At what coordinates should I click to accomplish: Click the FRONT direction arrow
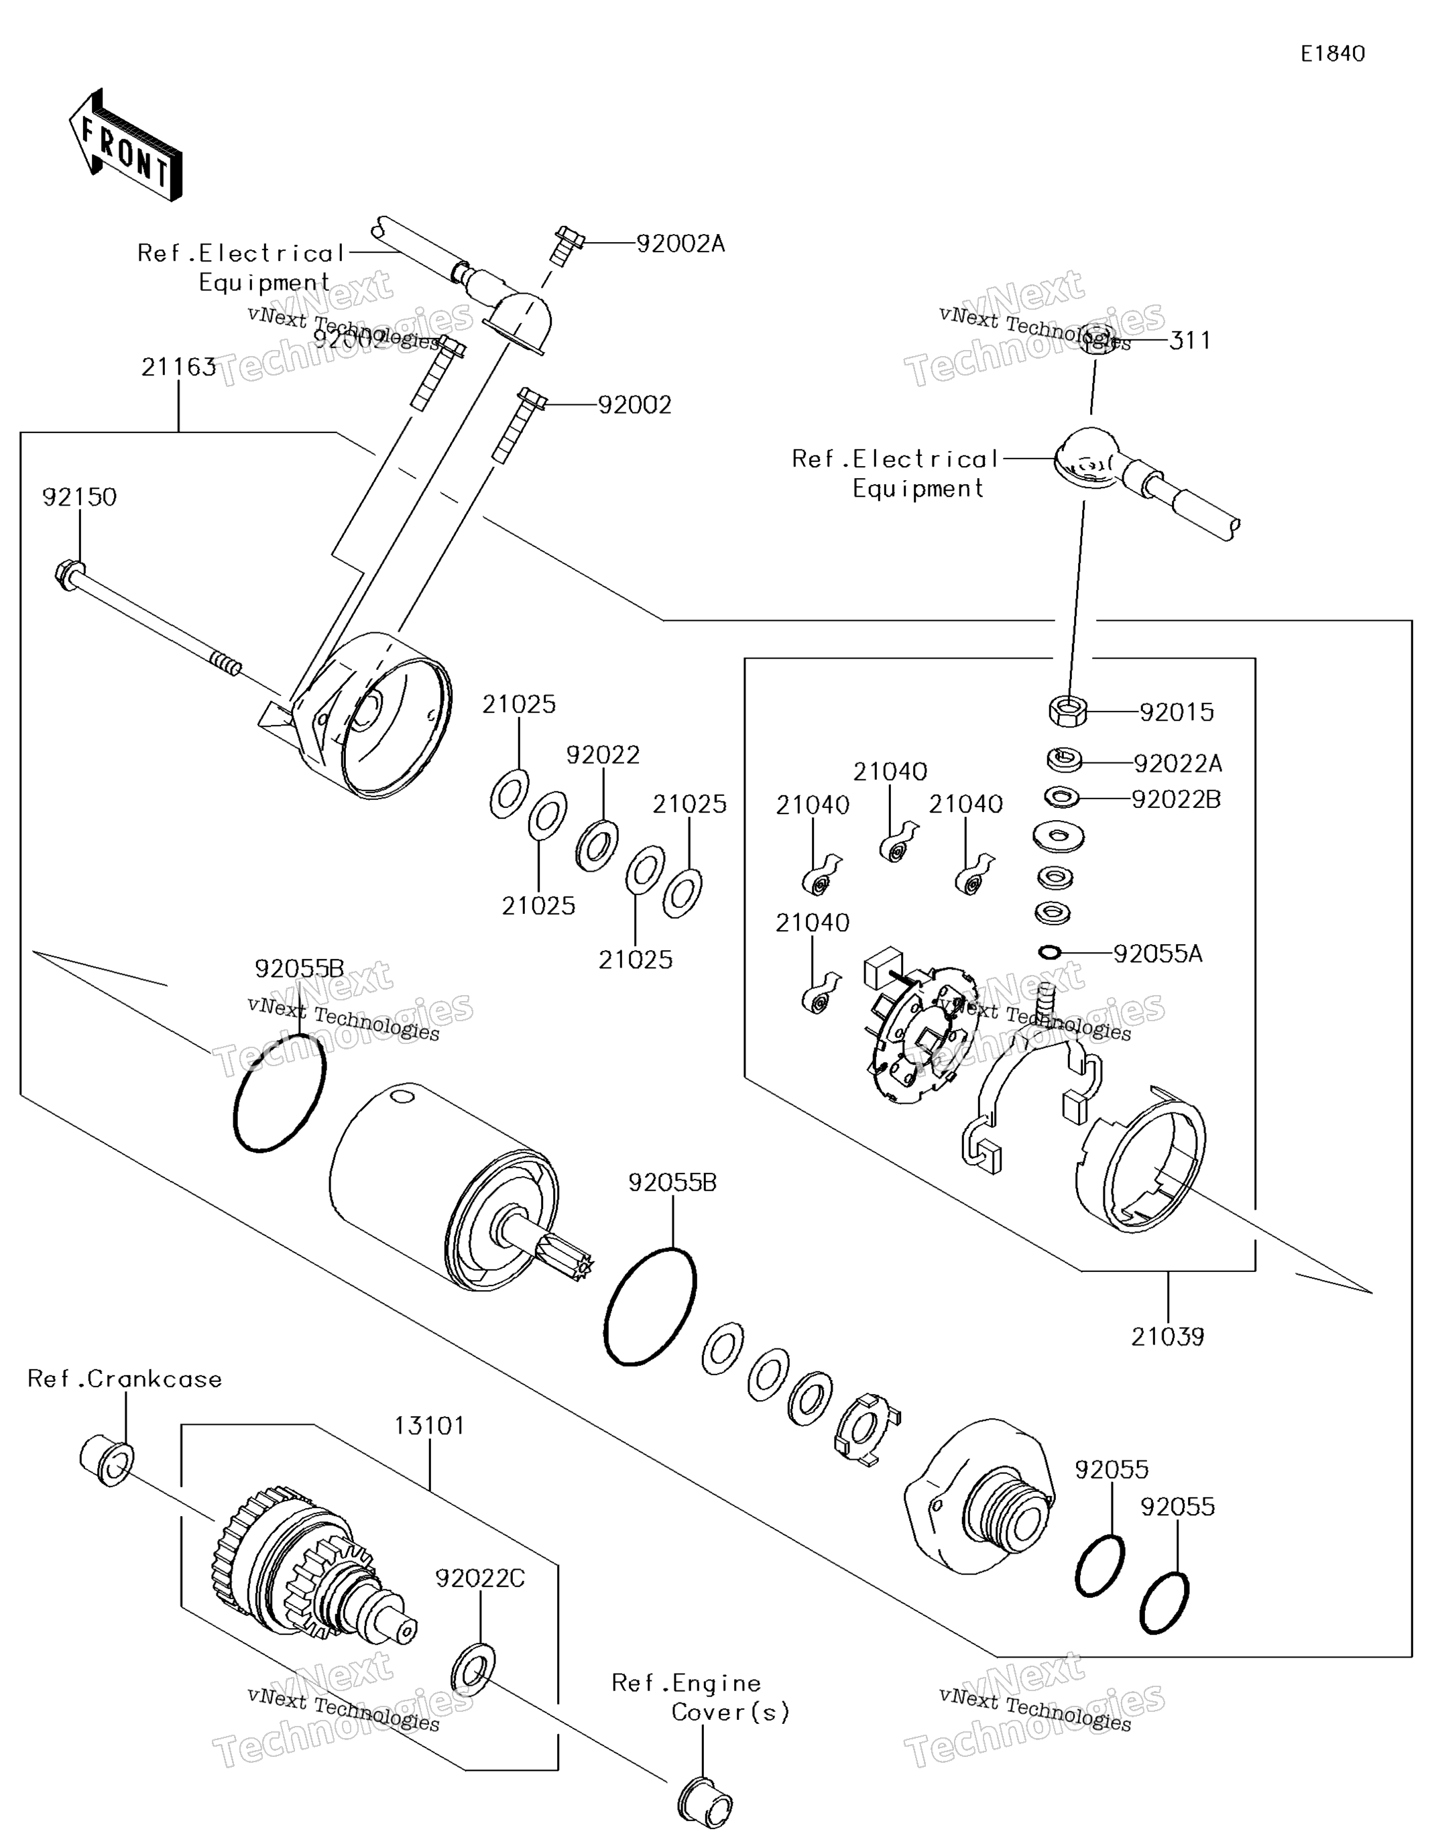pyautogui.click(x=125, y=146)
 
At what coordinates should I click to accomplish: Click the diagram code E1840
pyautogui.click(x=1332, y=54)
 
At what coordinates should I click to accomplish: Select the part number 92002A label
pyautogui.click(x=680, y=243)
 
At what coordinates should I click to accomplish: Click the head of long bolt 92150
pyautogui.click(x=68, y=575)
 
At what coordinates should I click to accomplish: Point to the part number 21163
pyautogui.click(x=178, y=367)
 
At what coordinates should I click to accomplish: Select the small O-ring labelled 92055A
pyautogui.click(x=1049, y=953)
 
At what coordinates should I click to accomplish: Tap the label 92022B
pyautogui.click(x=1176, y=799)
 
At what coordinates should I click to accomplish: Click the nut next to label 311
pyautogui.click(x=1097, y=339)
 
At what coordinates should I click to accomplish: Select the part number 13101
pyautogui.click(x=429, y=1426)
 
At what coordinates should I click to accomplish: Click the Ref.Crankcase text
pyautogui.click(x=125, y=1379)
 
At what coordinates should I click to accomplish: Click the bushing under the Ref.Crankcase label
pyautogui.click(x=107, y=1460)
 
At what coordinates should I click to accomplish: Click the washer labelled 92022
pyautogui.click(x=596, y=844)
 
